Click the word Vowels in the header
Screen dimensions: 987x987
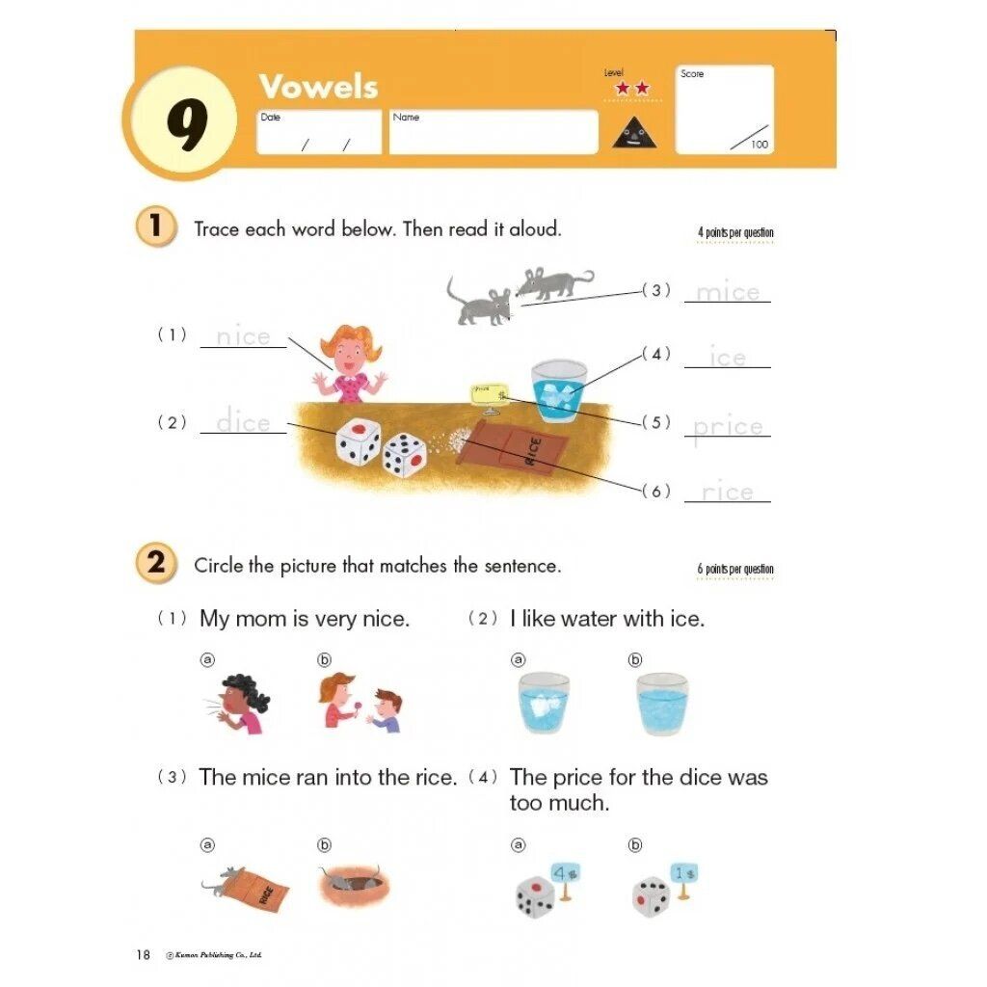pyautogui.click(x=318, y=87)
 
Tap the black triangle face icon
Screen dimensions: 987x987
pyautogui.click(x=634, y=131)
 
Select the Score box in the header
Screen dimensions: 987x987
pyautogui.click(x=725, y=109)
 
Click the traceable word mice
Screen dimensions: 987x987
pyautogui.click(x=728, y=292)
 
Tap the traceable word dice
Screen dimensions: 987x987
pyautogui.click(x=243, y=422)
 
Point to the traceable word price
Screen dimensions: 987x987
pyautogui.click(x=728, y=427)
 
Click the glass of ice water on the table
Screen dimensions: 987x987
pyautogui.click(x=558, y=391)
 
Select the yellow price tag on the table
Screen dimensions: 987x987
pyautogui.click(x=491, y=393)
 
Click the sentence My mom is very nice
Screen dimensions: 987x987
pyautogui.click(x=305, y=619)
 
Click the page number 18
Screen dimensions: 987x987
pyautogui.click(x=143, y=955)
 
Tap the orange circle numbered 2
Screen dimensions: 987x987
pyautogui.click(x=156, y=563)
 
